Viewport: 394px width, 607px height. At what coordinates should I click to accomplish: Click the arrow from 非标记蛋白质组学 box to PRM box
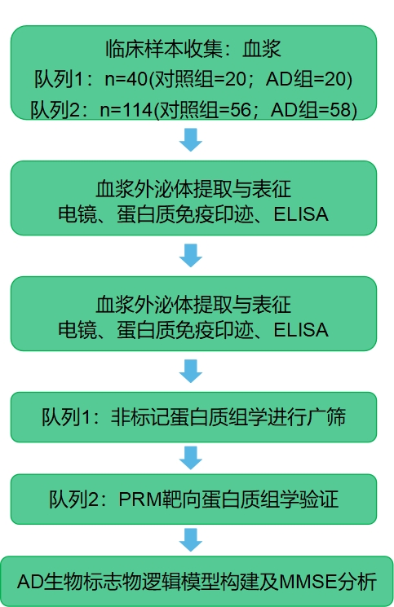(191, 456)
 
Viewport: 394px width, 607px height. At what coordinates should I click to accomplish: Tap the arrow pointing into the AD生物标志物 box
(191, 539)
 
